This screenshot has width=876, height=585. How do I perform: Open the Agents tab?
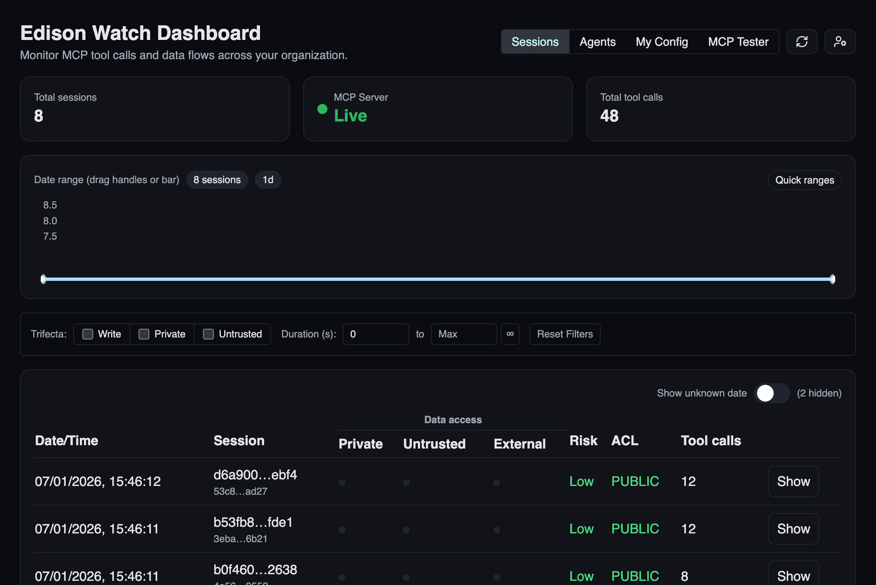pos(597,42)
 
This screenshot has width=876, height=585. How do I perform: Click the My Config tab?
pos(661,42)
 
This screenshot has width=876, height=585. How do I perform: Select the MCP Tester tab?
pos(738,42)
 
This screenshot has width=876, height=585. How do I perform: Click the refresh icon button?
pos(802,42)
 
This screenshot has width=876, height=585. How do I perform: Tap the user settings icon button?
pos(840,42)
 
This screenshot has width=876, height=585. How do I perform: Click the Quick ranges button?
pos(804,180)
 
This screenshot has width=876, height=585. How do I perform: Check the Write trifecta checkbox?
pos(88,334)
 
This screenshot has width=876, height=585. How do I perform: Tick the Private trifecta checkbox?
pos(144,334)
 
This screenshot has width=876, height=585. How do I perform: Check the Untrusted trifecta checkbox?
pos(208,334)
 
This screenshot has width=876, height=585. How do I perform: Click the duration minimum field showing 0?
pos(376,334)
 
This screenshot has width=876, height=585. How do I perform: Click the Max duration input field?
pos(464,334)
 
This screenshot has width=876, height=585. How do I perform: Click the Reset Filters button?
pos(564,334)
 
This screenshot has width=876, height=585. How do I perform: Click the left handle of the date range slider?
pos(44,279)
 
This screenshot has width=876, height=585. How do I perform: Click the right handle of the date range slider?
pos(832,279)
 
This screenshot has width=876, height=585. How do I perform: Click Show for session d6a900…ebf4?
pos(793,481)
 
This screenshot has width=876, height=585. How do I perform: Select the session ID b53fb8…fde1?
pos(253,522)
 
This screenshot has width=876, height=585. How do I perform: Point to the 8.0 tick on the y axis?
pos(50,221)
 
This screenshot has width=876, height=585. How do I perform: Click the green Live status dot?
pos(322,109)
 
